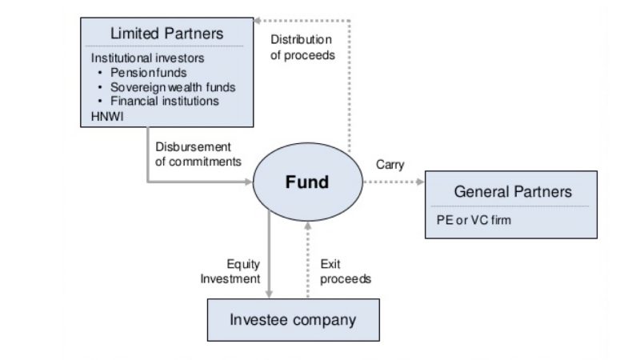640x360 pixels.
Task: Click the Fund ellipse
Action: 307,182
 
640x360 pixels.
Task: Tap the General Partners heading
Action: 513,192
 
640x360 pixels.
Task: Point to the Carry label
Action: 390,165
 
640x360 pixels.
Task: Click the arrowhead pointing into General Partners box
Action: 421,182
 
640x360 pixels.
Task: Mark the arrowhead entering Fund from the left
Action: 248,182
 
